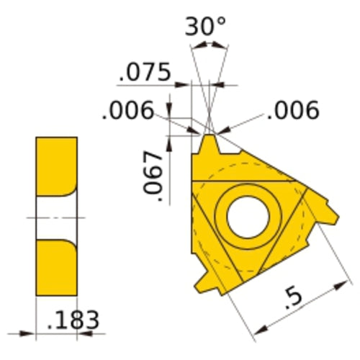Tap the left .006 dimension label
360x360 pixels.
point(128,110)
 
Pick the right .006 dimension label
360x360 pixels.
point(292,110)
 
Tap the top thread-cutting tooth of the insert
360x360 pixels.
point(208,144)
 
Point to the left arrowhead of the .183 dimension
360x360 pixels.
point(30,333)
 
